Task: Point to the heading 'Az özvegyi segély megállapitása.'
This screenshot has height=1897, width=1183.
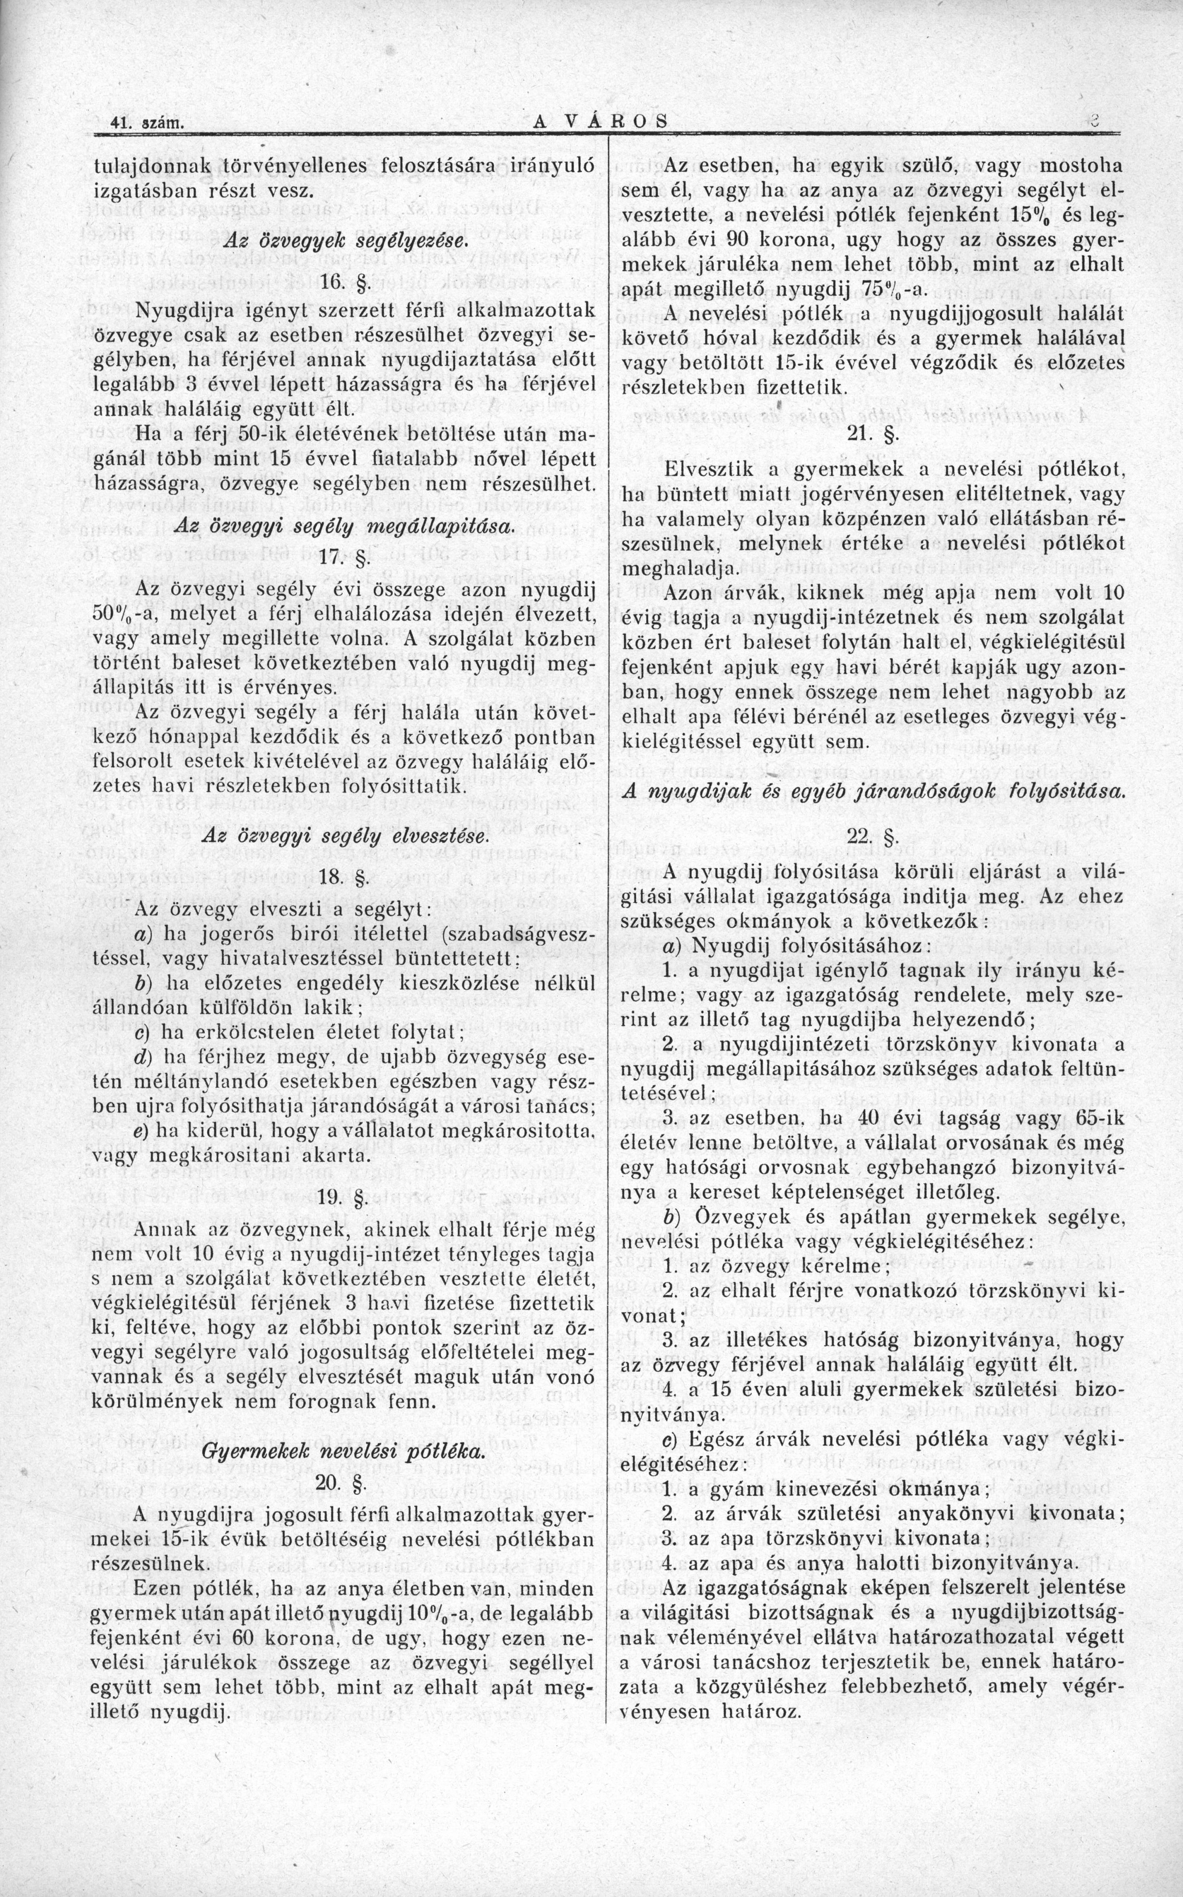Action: click(344, 522)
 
